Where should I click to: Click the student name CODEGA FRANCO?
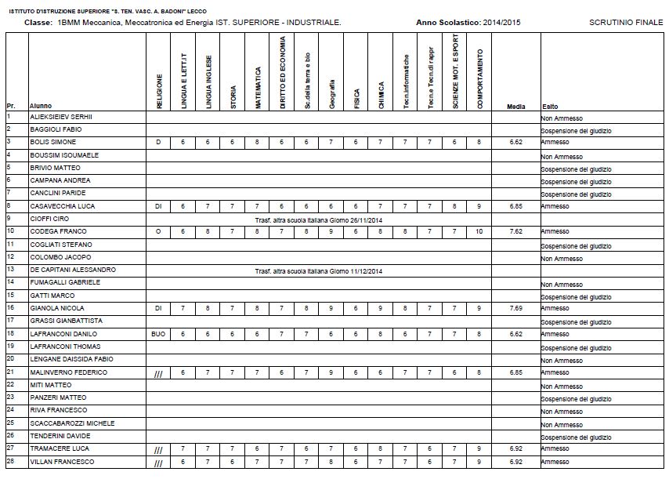53,231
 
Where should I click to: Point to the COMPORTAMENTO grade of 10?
479,231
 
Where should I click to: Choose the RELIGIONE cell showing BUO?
158,333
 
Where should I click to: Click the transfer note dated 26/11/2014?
317,220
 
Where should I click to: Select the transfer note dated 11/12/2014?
317,271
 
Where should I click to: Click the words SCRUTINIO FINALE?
624,23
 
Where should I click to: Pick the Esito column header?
550,106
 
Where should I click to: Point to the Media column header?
516,106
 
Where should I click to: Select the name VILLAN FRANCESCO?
62,462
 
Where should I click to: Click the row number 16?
11,307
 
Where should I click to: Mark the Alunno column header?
41,106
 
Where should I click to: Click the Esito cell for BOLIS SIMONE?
555,143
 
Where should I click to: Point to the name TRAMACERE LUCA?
56,448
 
